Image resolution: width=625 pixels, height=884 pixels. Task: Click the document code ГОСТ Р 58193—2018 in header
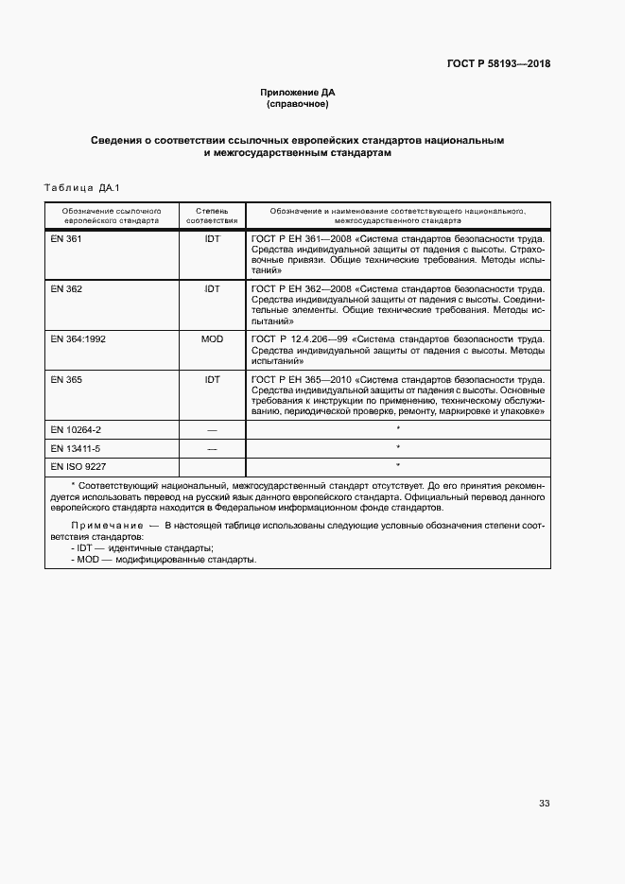[x=498, y=64]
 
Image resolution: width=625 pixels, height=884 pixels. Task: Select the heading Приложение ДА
[x=297, y=92]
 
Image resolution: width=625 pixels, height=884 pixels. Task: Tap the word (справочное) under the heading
[x=297, y=104]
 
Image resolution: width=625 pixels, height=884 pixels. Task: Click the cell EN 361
[x=66, y=239]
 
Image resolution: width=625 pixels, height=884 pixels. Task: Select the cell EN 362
[x=66, y=288]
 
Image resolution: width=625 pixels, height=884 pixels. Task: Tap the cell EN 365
[x=66, y=378]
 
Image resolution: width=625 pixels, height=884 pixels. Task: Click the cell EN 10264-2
[x=76, y=429]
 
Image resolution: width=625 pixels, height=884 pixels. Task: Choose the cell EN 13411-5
[x=76, y=447]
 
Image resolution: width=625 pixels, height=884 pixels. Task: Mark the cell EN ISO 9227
[x=78, y=465]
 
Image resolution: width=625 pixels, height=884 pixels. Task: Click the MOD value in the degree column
[x=212, y=338]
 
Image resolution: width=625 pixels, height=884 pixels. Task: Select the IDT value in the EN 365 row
[x=212, y=378]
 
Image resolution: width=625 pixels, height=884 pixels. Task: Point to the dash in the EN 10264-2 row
[x=212, y=429]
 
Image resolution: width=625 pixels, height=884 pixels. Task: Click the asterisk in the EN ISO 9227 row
[x=397, y=465]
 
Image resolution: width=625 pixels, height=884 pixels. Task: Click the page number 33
[x=544, y=804]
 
